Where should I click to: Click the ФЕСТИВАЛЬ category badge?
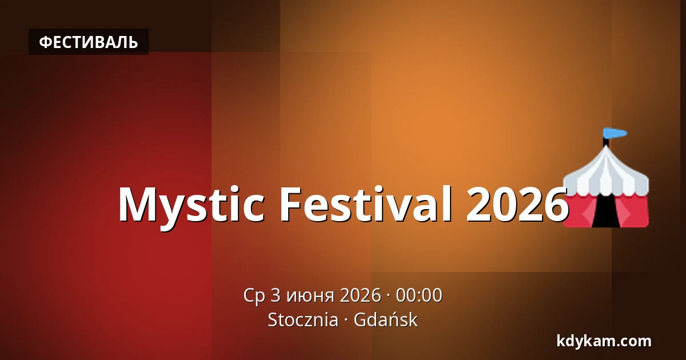click(x=89, y=42)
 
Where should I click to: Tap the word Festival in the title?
click(x=366, y=203)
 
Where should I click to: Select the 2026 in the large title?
click(x=517, y=203)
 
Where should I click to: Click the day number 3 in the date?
click(x=276, y=295)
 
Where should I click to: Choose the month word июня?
click(x=310, y=296)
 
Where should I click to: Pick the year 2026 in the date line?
click(x=360, y=295)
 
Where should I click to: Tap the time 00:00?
click(x=419, y=295)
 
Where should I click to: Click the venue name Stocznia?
click(x=303, y=319)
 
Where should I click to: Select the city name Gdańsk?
click(x=385, y=319)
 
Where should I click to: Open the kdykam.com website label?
click(x=604, y=341)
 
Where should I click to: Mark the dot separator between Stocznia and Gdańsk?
click(x=346, y=320)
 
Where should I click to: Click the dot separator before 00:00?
click(x=388, y=296)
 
